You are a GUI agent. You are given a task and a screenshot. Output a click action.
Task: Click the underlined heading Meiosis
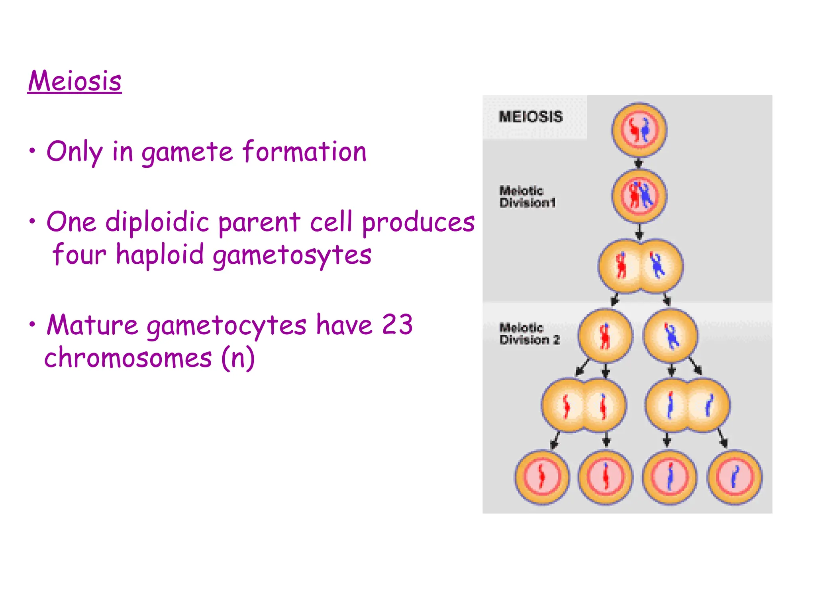75,81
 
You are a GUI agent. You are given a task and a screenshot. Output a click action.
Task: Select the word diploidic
157,222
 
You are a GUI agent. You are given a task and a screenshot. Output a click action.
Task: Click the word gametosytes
292,255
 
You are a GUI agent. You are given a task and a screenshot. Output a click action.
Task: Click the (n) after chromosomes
238,358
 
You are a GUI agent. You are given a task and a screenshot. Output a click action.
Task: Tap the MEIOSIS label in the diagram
530,117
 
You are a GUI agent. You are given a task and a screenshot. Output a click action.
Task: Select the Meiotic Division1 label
527,197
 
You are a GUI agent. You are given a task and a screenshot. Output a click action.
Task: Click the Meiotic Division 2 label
529,334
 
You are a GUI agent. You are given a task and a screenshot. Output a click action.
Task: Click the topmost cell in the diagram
639,130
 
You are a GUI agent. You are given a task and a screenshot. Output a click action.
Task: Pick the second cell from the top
639,196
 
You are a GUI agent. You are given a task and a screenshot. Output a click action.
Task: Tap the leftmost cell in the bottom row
542,477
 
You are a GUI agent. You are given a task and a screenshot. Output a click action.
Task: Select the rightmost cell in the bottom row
734,477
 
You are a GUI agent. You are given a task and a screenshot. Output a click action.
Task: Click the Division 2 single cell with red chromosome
605,336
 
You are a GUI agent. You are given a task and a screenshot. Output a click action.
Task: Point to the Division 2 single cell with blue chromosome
671,336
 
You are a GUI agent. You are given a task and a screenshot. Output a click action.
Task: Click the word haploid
160,255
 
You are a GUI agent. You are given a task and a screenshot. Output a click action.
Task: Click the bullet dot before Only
32,151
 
